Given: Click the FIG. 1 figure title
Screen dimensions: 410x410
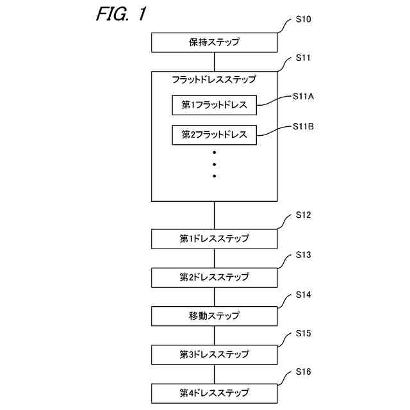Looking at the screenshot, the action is tap(121, 13).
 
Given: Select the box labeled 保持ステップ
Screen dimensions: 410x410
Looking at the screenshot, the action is tap(214, 42).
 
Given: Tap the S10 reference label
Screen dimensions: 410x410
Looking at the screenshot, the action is tap(303, 19).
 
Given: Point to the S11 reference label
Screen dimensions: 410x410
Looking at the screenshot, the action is tap(303, 58).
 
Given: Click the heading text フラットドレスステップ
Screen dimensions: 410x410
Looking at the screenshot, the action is tap(214, 79).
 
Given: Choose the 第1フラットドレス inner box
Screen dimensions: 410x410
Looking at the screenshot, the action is tap(214, 105).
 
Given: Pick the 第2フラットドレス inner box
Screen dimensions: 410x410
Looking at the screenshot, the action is tap(214, 135).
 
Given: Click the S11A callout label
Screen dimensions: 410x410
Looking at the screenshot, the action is tap(303, 97).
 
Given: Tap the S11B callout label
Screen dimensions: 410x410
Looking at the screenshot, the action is tap(303, 127).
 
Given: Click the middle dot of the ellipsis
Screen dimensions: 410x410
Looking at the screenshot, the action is tap(215, 164).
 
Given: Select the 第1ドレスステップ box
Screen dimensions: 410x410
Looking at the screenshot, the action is tap(214, 239).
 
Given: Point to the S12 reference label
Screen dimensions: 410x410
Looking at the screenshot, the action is tap(303, 215).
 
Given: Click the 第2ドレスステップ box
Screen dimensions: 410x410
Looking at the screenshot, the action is tap(214, 277).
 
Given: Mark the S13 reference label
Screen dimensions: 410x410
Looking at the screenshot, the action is tap(303, 255).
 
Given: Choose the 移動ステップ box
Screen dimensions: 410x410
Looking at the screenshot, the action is tap(214, 316).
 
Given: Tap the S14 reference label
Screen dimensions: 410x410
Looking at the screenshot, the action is tap(303, 295).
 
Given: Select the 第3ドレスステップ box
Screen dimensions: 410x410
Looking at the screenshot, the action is tap(214, 355).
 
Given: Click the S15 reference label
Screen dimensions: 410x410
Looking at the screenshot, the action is tap(303, 333).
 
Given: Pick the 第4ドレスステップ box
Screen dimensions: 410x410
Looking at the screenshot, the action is tap(214, 393).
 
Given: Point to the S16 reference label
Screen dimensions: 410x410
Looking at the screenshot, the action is tap(303, 372).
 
